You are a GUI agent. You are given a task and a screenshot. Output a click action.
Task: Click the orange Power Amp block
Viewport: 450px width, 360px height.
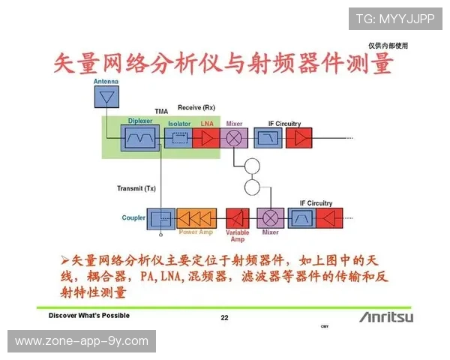(196, 218)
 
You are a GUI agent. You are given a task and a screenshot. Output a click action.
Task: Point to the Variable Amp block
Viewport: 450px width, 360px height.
(238, 218)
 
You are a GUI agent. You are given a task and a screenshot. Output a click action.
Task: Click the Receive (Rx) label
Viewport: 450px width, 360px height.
(196, 108)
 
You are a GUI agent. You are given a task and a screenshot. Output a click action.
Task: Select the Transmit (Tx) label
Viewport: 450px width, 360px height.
(136, 187)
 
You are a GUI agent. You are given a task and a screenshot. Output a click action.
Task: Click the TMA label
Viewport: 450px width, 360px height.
(160, 111)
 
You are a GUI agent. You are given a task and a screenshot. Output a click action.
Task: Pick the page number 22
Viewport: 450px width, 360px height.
(224, 318)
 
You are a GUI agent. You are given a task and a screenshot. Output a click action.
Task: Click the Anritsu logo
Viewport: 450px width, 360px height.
(385, 316)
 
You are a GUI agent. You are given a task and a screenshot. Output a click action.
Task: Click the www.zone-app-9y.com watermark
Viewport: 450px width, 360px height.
(81, 341)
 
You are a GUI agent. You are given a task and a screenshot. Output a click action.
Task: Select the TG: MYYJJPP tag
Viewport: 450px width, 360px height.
(395, 19)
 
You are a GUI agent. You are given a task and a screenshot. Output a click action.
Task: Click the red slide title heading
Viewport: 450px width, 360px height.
(223, 64)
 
